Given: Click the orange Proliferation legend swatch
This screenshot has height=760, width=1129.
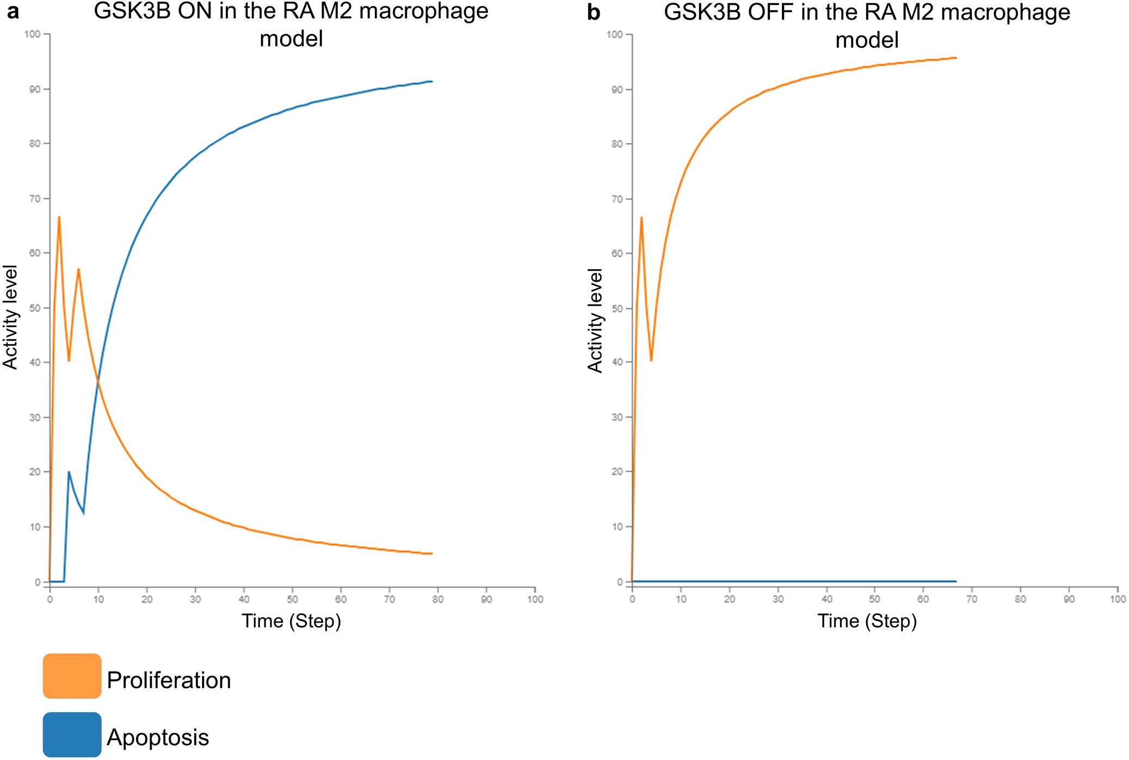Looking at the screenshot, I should tap(72, 676).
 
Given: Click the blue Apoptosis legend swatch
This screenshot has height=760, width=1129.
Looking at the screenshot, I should tap(72, 734).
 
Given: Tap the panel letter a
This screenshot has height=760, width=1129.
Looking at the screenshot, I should tap(13, 12).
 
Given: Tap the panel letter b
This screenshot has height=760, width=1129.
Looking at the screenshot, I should tap(594, 13).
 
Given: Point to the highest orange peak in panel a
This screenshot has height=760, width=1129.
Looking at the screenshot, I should tap(59, 217).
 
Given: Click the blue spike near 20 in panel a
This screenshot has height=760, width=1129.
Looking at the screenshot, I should tap(69, 472).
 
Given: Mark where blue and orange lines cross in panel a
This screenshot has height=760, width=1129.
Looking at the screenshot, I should tap(98, 383).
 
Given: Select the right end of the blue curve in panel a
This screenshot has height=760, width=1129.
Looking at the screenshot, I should tap(431, 82).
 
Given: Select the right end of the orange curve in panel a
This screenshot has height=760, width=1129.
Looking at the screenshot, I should tap(431, 553).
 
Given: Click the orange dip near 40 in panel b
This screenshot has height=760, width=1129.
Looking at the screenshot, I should tap(651, 360).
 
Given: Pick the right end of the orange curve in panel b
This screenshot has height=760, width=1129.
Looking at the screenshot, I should tap(956, 58).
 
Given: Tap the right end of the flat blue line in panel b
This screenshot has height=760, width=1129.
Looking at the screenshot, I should tap(956, 581).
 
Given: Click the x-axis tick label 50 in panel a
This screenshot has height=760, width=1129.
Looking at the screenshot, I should tap(293, 599).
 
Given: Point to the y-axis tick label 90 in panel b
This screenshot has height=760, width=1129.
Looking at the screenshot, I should tap(616, 90).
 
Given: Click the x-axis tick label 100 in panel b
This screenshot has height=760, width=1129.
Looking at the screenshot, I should tap(1118, 599).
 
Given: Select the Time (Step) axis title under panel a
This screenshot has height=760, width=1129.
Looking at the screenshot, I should tap(291, 621).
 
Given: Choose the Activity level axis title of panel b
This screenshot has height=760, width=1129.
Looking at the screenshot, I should tap(595, 320).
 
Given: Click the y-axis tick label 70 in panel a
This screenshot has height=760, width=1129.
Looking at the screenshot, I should tap(35, 199).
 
